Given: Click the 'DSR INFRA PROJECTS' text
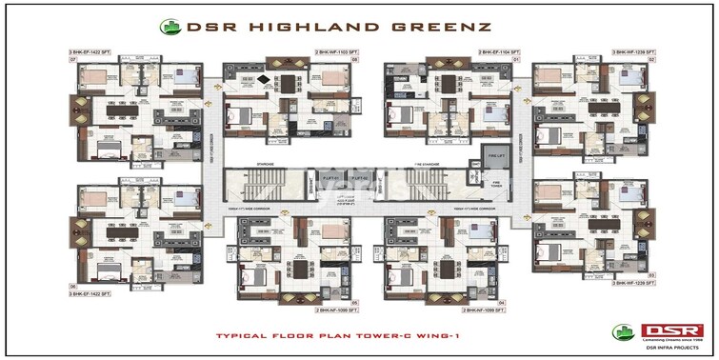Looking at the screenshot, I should pyautogui.click(x=657, y=349).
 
